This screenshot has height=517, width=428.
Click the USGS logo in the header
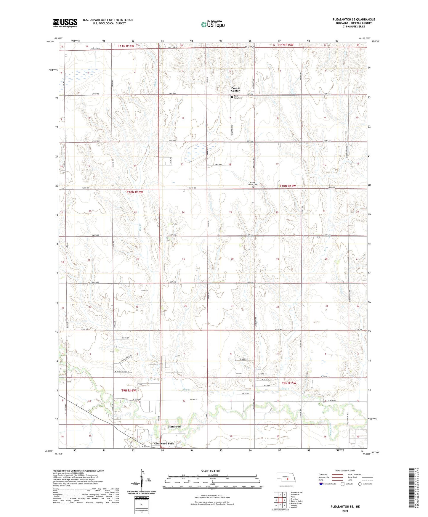tap(65, 23)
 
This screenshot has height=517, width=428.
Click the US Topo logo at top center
tap(212, 24)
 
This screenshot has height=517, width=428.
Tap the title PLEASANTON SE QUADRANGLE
tap(354, 20)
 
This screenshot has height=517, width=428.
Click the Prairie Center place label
tap(236, 89)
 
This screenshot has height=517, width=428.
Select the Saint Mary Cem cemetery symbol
tap(232, 97)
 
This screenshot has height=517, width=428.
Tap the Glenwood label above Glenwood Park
tap(174, 427)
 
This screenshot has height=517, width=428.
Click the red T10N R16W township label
tap(135, 192)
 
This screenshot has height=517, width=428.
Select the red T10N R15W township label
tap(288, 186)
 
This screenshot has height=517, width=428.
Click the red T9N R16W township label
tap(129, 391)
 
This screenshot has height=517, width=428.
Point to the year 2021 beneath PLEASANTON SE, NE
tap(345, 511)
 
